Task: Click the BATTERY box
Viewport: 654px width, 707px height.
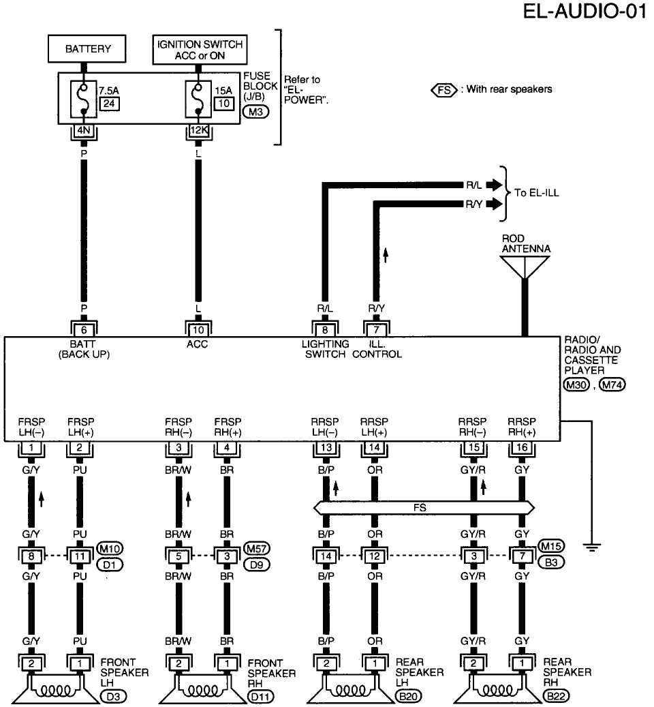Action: click(x=87, y=49)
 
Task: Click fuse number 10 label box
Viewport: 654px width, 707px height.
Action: click(x=221, y=104)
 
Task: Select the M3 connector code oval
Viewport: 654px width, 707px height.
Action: click(x=255, y=111)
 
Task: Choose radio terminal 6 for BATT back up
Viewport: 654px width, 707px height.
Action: click(x=84, y=328)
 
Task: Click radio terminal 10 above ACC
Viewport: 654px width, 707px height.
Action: click(x=197, y=328)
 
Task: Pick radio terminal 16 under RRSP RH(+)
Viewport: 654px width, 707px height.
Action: click(x=521, y=449)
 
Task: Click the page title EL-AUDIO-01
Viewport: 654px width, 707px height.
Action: click(x=584, y=12)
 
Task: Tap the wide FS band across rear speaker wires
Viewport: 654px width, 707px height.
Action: click(x=422, y=507)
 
